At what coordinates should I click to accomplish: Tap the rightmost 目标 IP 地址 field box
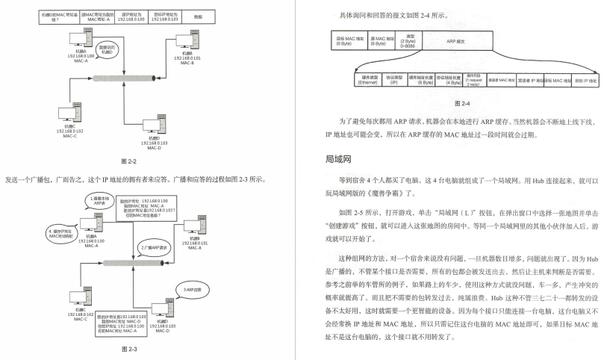click(586, 80)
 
